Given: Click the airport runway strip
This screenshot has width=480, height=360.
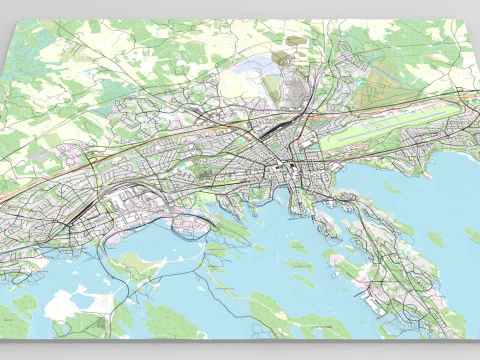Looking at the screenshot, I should (390, 128).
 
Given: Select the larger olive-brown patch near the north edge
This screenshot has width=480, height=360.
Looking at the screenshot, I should (296, 43).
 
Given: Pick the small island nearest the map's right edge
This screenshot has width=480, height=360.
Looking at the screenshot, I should (436, 239).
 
